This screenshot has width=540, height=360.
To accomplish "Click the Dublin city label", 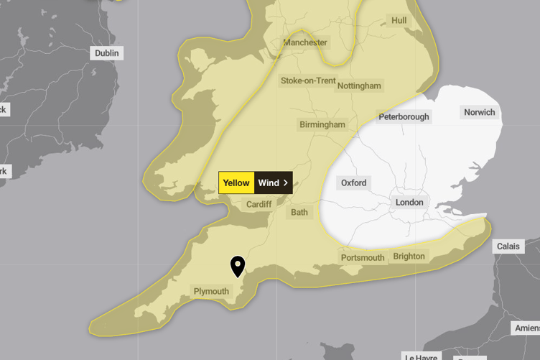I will [x=106, y=53].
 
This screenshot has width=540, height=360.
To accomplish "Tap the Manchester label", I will [x=305, y=42].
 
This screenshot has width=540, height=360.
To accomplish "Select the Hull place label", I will [x=399, y=21].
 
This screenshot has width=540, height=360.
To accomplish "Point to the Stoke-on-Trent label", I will [x=307, y=80].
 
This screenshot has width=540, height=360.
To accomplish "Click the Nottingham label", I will [x=359, y=86].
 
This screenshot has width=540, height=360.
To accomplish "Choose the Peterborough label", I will [x=404, y=116].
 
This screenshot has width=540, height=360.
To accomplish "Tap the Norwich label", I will [x=479, y=112].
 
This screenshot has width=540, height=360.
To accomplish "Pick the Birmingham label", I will [x=322, y=124].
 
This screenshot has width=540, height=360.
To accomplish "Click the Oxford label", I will [x=353, y=183].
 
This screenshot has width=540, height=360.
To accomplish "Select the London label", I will [x=409, y=203].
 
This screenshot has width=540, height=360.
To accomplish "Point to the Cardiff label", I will [x=259, y=204].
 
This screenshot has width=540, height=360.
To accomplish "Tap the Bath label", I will [x=299, y=213].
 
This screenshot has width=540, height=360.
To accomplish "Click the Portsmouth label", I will [x=363, y=257].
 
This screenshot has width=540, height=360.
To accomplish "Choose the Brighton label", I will [x=409, y=256].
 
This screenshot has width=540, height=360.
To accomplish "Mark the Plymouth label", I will [x=211, y=291].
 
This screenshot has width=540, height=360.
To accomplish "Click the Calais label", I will [x=508, y=246].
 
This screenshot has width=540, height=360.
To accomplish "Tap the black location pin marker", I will [x=237, y=267].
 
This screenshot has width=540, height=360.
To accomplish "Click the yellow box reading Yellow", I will [x=236, y=183].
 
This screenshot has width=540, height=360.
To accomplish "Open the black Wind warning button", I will [x=273, y=183].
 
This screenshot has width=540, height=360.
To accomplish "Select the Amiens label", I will [x=526, y=328].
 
